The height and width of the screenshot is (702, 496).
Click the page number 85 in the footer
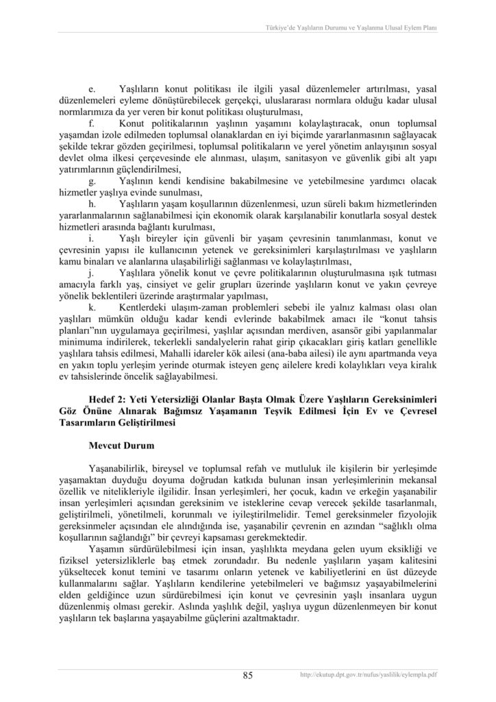pos(248,675)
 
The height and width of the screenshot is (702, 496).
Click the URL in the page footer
pos(369,675)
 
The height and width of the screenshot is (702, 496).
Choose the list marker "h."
pos(92,204)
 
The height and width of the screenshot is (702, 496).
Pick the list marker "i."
pos(91,238)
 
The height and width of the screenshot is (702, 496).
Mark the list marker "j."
pos(91,272)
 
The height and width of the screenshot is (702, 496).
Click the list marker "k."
pos(92,306)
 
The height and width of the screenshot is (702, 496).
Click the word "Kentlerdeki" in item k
pos(147,306)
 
